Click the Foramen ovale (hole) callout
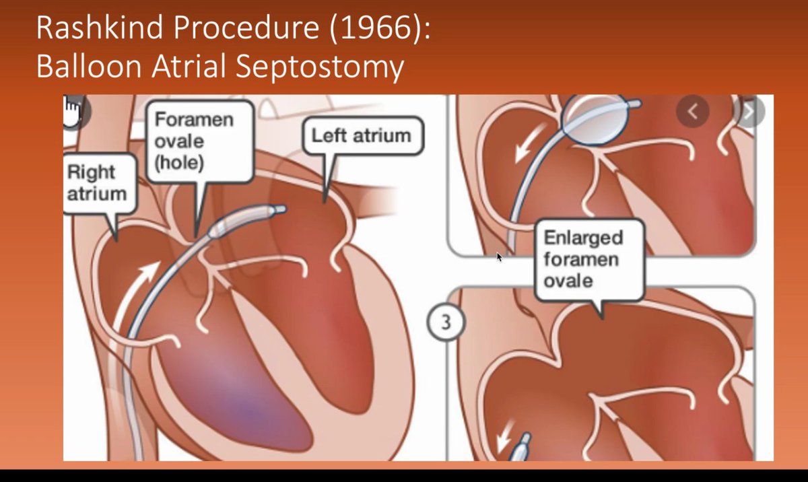point(193,141)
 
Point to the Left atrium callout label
point(360,135)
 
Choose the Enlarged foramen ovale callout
point(583,259)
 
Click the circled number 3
point(446,322)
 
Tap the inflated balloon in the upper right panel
point(595,117)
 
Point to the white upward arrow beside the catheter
point(138,286)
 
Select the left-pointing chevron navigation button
point(692,110)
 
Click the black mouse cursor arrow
point(499,257)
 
